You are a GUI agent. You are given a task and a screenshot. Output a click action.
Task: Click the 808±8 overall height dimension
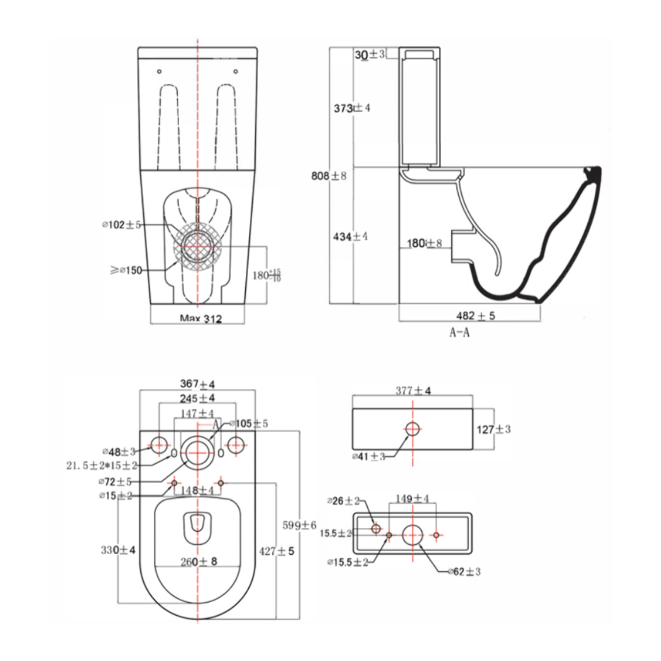[329, 175]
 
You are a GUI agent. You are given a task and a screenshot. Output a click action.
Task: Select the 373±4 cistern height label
[352, 108]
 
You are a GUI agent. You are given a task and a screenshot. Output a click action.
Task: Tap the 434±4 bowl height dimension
[350, 236]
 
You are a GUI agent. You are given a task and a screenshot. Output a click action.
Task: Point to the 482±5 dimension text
[475, 316]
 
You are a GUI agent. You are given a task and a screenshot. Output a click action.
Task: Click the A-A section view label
[459, 332]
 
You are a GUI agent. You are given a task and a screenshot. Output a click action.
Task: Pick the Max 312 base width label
[201, 319]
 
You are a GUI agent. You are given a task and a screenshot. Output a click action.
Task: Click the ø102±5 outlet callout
[121, 225]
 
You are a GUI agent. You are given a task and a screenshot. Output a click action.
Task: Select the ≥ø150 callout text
[126, 270]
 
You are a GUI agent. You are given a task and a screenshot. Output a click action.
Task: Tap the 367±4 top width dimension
[197, 384]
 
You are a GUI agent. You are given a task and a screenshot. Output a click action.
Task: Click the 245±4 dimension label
[197, 398]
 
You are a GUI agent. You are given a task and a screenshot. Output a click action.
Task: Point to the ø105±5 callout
[249, 424]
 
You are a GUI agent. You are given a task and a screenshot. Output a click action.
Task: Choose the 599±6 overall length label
[299, 525]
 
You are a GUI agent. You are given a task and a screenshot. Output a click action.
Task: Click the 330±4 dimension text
[118, 550]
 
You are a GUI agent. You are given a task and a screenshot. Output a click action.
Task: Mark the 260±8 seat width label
[198, 562]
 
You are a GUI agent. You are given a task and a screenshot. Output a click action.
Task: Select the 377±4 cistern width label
[413, 391]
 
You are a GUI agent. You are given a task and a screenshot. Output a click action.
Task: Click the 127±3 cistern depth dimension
[494, 429]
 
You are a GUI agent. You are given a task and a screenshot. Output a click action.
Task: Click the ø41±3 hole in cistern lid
[413, 428]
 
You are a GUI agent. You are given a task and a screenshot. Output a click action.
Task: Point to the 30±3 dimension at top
[370, 54]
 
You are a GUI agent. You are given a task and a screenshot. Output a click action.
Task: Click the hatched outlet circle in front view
[197, 246]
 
